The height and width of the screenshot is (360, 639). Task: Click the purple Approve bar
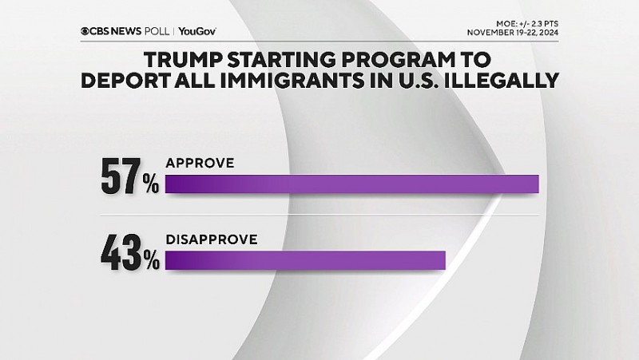coord(351,184)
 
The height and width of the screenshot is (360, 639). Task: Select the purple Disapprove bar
coord(304,260)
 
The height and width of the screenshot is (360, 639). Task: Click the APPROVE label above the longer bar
coord(199,163)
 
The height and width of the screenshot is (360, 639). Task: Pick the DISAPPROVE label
coord(211,238)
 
